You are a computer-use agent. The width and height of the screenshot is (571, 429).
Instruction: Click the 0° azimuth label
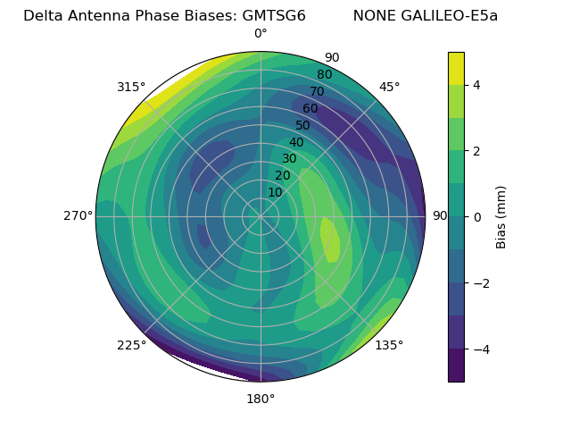point(261,34)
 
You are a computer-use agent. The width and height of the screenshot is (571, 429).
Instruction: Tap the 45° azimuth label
point(389,87)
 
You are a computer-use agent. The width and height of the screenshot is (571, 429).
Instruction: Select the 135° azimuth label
point(389,345)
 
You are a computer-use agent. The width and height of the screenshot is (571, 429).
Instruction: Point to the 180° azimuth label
point(261,399)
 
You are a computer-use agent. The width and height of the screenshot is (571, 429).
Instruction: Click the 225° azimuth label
point(131,346)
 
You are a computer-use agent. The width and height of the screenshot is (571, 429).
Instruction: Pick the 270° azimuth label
point(79,215)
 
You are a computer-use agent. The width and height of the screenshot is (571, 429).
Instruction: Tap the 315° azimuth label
point(131,87)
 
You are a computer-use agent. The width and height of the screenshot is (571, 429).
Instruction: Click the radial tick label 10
point(275,192)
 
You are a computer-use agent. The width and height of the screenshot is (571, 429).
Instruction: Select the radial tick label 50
point(302,125)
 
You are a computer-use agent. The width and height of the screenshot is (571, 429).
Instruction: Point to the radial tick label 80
point(324,74)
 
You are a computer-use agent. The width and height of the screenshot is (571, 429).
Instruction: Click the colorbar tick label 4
point(476,85)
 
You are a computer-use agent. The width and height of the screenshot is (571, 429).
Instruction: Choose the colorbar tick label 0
point(476,216)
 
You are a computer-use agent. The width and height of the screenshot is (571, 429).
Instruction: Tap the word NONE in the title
point(373,15)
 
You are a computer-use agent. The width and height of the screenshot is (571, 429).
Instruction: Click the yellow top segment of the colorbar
point(456,68)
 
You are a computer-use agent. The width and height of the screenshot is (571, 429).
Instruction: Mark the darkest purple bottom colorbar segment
point(456,366)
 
